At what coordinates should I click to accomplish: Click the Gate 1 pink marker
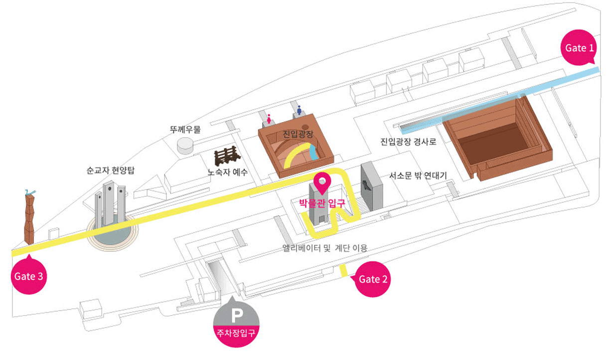[x=580, y=47]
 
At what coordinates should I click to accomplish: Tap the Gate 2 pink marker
[x=373, y=279]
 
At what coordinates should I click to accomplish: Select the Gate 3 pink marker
[x=29, y=276]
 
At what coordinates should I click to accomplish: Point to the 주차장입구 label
[x=236, y=332]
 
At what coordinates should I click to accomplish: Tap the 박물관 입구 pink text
[x=321, y=203]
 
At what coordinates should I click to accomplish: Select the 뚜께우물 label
[x=185, y=130]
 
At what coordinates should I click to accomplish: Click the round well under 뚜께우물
[x=186, y=145]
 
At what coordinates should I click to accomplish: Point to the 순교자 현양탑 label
[x=110, y=171]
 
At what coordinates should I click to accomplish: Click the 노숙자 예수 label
[x=228, y=173]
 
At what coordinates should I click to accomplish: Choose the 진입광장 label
[x=298, y=134]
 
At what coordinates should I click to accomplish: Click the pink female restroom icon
[x=269, y=119]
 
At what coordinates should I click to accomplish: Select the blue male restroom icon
[x=299, y=110]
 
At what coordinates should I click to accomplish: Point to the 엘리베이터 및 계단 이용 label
[x=324, y=248]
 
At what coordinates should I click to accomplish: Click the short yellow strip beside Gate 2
[x=343, y=271]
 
